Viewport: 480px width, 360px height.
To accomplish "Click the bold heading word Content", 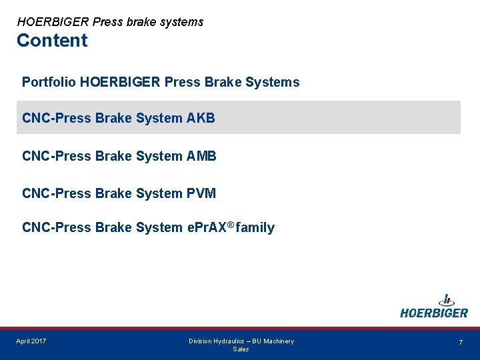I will [52, 41].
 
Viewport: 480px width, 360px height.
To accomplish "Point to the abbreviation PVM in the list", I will [201, 193].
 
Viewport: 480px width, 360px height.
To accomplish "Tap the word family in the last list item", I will [255, 228].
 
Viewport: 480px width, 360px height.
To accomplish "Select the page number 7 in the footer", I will [460, 342].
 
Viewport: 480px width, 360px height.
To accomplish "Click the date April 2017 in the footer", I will [31, 341].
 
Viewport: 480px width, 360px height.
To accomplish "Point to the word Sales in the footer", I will [241, 349].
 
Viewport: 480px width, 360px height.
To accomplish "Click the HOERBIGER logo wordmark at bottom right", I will [434, 313].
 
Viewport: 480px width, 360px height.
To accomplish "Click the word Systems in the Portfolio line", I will [273, 83].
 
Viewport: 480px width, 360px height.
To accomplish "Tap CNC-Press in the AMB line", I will [57, 156].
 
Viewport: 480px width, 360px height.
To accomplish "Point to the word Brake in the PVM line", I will [113, 193].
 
